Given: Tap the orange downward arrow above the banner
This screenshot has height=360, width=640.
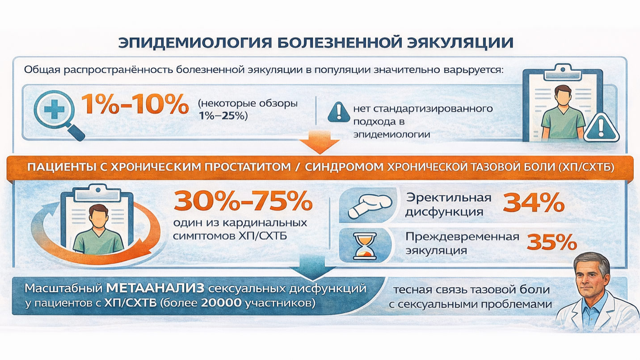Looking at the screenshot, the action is [x=320, y=142].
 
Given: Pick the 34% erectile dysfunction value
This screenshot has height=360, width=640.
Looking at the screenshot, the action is [x=534, y=203].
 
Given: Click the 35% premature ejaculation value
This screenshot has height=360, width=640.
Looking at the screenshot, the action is [x=552, y=242].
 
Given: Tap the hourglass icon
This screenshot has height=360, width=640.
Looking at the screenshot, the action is [x=365, y=246].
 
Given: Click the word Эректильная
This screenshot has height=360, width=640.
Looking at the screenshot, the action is [x=449, y=198].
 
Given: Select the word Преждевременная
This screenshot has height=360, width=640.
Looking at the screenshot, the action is [x=462, y=237].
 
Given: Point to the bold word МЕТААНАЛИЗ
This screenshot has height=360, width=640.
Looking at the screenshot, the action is [x=155, y=288].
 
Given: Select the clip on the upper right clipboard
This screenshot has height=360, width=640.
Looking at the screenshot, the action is [x=563, y=72].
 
